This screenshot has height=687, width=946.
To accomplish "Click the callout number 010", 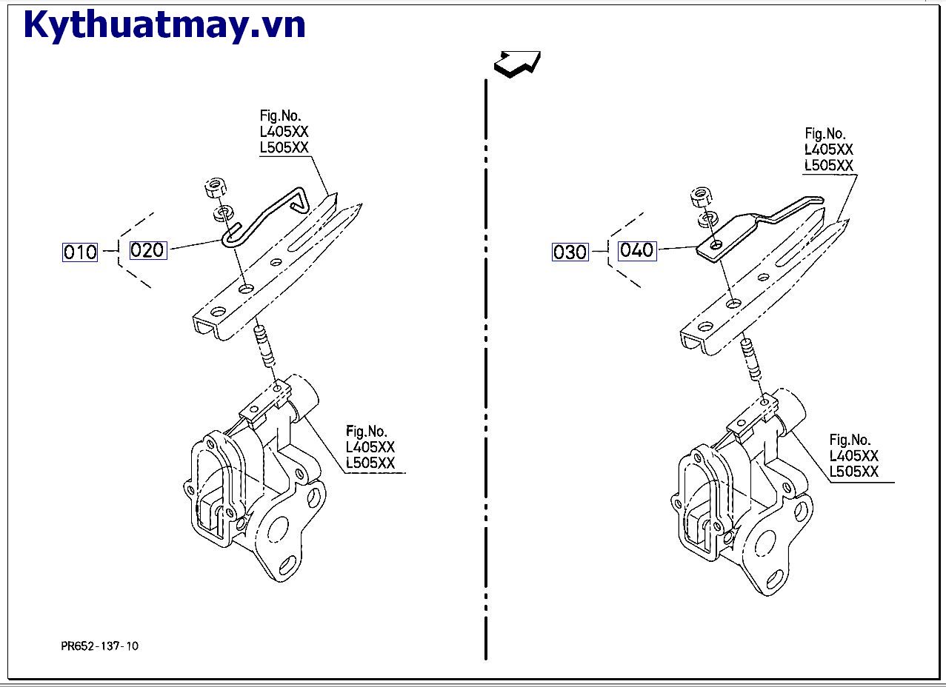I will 80,252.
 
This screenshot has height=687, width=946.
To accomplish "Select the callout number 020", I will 147,250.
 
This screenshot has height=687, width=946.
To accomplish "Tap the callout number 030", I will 570,252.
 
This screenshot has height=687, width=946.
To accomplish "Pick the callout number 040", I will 637,250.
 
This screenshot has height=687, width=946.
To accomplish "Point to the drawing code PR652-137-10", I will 99,646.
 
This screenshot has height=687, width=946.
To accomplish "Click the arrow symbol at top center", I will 517,63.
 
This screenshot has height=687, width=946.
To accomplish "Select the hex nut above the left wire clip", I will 214,189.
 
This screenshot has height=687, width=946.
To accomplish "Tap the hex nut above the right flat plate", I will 701,197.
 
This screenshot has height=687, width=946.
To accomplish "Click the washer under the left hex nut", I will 221,214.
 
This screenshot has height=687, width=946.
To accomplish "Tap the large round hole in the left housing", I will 278,527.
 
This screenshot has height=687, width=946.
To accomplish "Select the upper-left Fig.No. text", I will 280,115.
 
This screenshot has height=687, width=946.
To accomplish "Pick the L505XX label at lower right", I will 853,472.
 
